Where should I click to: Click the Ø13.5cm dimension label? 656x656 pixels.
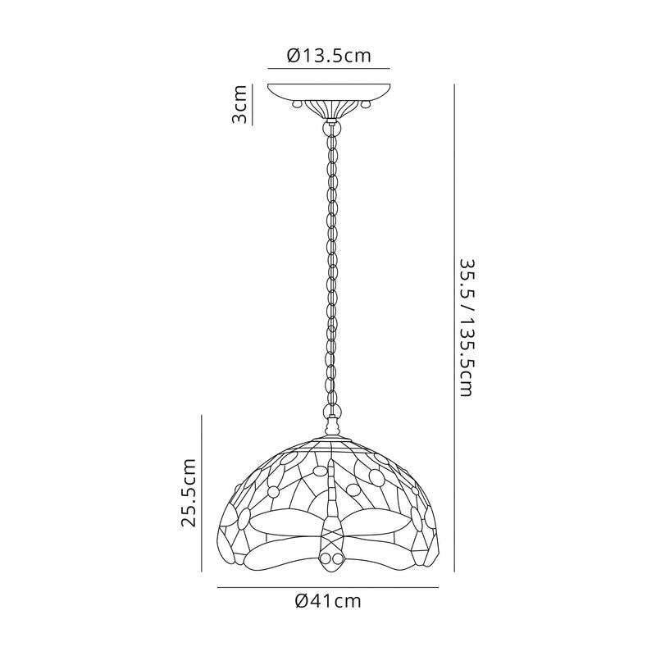[328, 56]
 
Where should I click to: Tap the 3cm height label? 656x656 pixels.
[239, 104]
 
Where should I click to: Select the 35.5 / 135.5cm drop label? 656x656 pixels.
[466, 328]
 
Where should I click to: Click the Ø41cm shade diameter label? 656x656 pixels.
[328, 601]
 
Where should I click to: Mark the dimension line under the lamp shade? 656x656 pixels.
[328, 587]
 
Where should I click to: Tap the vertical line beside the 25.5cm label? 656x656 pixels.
[202, 493]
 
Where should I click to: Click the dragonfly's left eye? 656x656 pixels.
[325, 559]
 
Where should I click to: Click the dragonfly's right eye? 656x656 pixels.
[336, 559]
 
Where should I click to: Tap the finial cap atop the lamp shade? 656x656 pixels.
[331, 428]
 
